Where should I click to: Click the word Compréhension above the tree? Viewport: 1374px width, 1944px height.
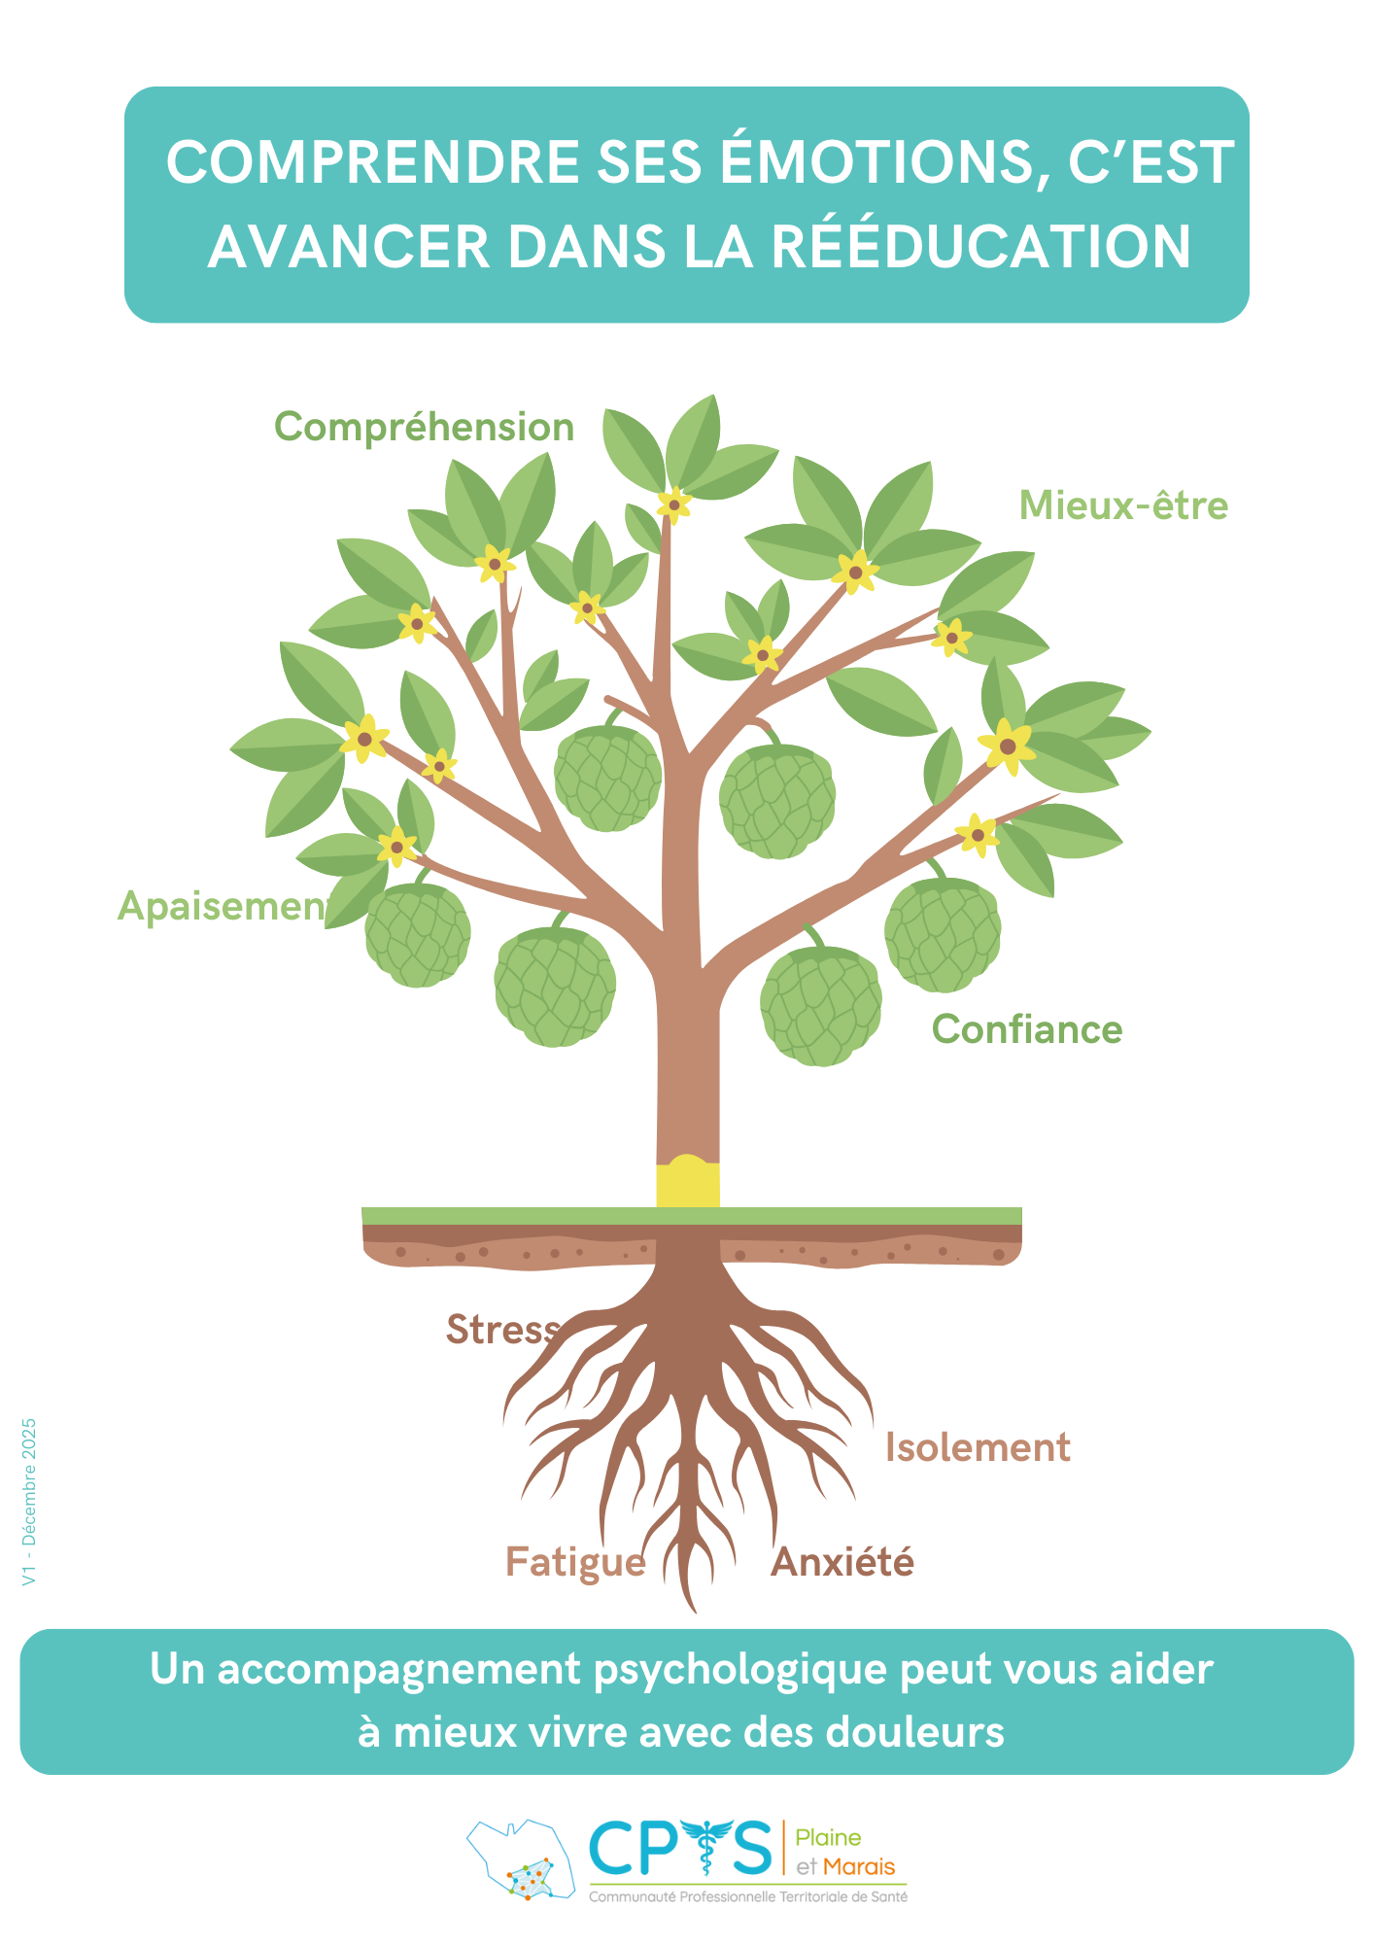point(424,428)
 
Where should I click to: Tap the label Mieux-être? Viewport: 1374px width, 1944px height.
point(1123,506)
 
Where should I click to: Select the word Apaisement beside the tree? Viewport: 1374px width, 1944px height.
point(222,907)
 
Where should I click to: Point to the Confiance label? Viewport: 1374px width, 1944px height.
point(1027,1030)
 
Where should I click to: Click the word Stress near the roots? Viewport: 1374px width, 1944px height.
point(501,1330)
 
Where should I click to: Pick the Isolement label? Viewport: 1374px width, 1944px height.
point(978,1448)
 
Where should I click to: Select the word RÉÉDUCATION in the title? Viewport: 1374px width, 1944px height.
point(981,247)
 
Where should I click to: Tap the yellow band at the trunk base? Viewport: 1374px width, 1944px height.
point(688,1182)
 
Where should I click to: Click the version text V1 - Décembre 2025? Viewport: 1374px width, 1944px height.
point(29,1502)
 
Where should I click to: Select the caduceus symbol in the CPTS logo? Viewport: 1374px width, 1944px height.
point(709,1847)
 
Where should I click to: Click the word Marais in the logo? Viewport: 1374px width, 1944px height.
point(859,1866)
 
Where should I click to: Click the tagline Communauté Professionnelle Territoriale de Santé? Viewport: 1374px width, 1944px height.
point(748,1896)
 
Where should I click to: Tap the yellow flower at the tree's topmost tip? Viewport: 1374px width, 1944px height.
point(673,503)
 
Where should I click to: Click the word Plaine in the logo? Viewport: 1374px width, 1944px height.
point(829,1837)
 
